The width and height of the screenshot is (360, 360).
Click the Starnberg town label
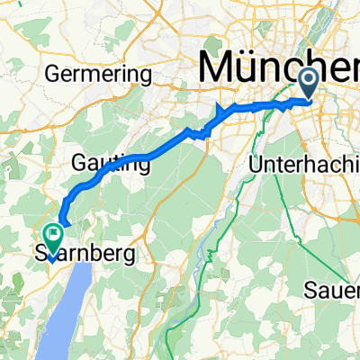pyautogui.click(x=86, y=255)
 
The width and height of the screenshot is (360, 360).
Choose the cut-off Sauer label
pyautogui.click(x=332, y=265)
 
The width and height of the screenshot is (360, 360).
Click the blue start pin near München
pyautogui.click(x=308, y=84)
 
